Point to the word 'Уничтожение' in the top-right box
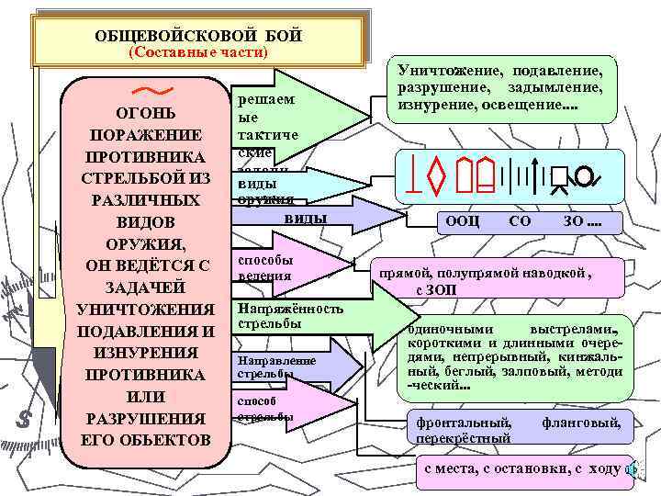(443, 72)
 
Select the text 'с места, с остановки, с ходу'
(520, 469)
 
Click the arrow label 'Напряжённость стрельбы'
(290, 316)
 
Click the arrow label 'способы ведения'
(266, 267)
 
